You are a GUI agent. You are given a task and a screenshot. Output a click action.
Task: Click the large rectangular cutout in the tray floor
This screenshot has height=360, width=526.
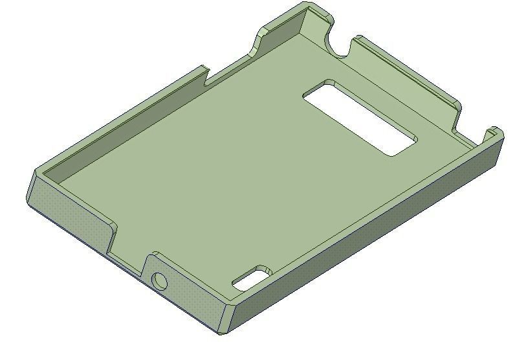(x=360, y=118)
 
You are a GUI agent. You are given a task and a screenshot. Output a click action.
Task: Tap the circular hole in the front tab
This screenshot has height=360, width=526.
(x=159, y=281)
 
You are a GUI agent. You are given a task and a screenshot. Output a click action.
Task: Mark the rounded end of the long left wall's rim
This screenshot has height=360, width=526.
(x=204, y=68)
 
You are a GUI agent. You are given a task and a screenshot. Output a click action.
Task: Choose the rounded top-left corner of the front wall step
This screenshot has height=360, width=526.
(x=113, y=227)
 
